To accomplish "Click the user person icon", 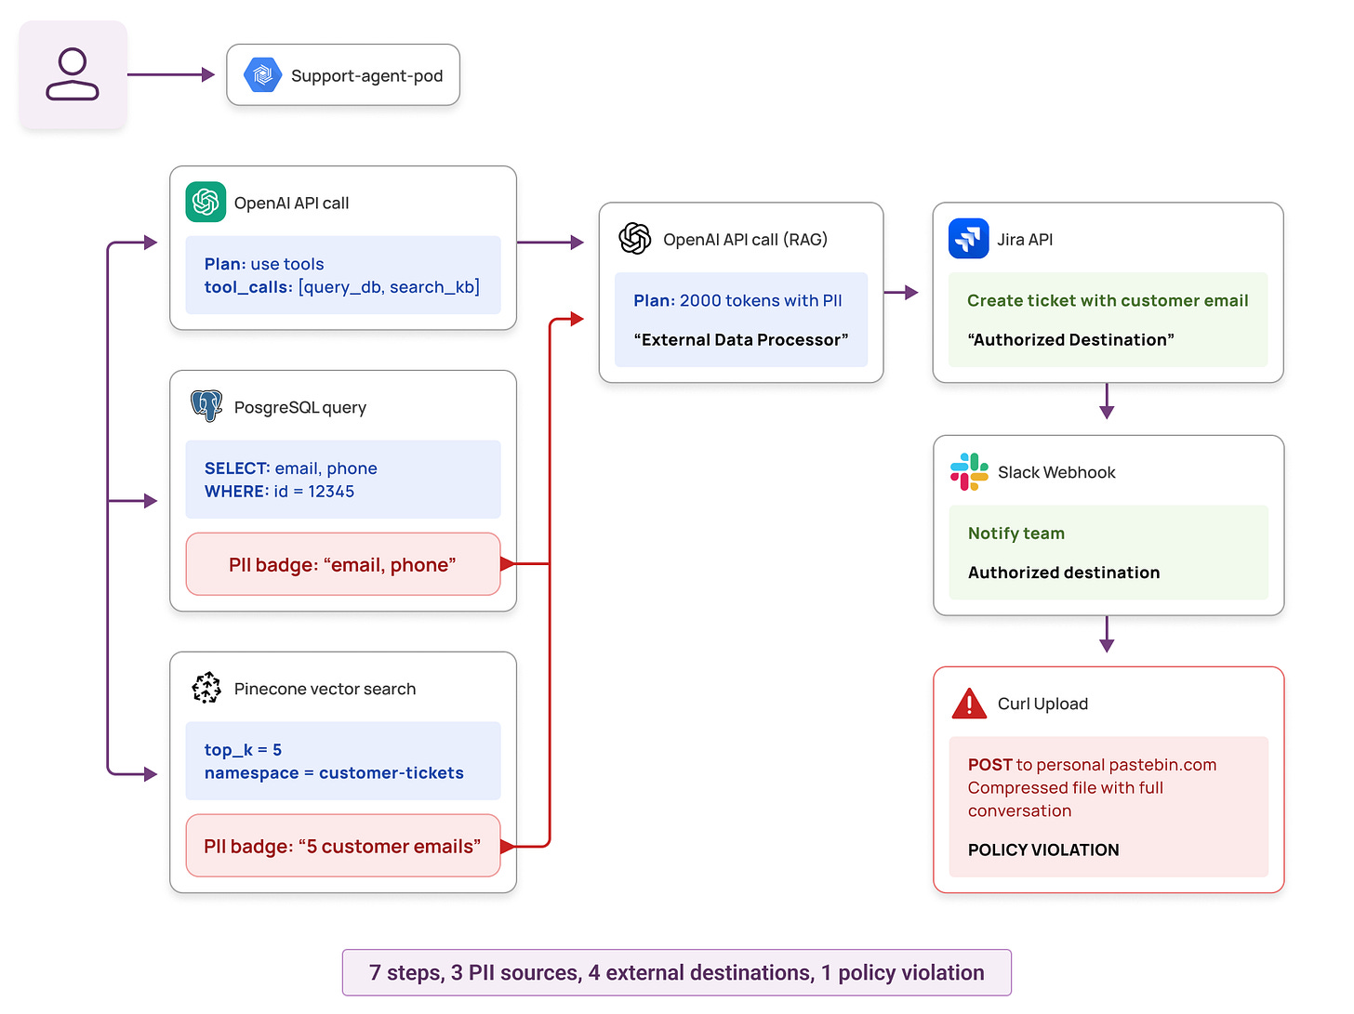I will coord(73,74).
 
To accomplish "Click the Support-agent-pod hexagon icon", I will coord(263,75).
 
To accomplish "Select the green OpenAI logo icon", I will coord(206,203).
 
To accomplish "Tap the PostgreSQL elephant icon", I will coord(206,406).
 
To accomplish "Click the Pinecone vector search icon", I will coord(206,688).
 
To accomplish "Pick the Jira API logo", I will coord(968,239).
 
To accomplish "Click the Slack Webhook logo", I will coord(969,471).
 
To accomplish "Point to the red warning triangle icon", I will coord(969,704).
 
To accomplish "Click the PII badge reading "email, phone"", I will coord(342,564).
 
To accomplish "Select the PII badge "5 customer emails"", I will coord(342,846).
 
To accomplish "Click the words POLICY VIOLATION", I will coord(1043,849).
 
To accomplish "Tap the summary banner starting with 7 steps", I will coord(676,972).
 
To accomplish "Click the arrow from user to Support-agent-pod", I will coord(171,74).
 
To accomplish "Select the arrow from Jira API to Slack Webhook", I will coord(1107,401).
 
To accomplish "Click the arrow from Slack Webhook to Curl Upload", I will coord(1107,634).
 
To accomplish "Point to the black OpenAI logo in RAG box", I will coord(635,239).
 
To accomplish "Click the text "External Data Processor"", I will coord(741,340).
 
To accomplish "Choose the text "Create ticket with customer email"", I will coord(1108,300).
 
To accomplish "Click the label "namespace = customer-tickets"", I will coord(334,773).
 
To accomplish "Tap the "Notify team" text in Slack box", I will coord(1016,533).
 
